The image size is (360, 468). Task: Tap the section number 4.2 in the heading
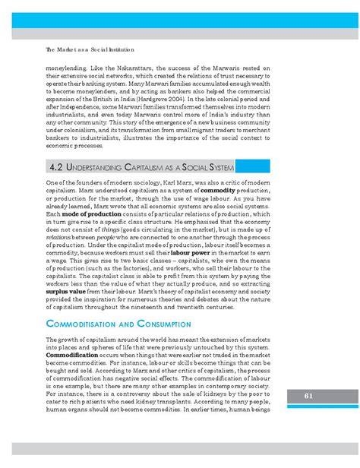56,186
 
